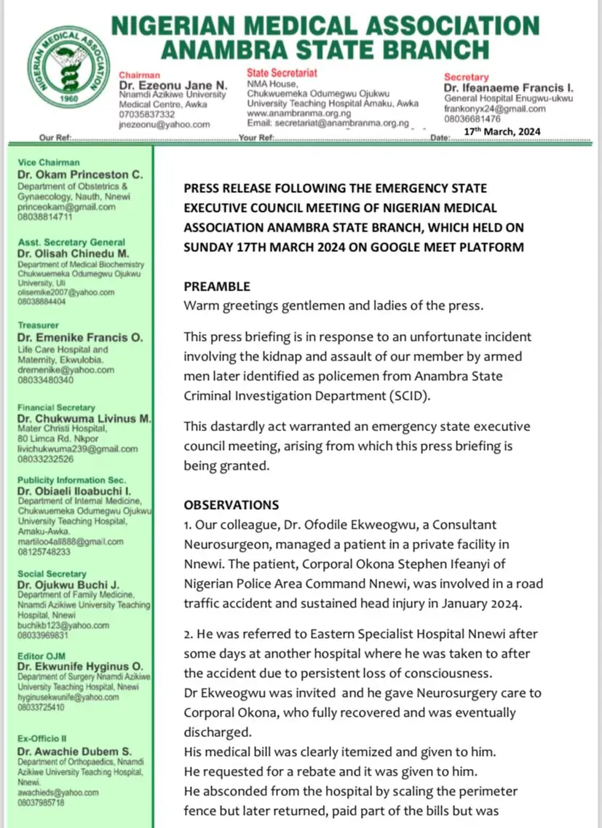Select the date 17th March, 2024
(497, 132)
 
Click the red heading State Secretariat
(282, 73)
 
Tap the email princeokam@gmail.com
(66, 207)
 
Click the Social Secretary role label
(53, 574)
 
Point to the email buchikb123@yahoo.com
(65, 625)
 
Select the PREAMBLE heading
(217, 287)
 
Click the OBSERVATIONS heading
(231, 505)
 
